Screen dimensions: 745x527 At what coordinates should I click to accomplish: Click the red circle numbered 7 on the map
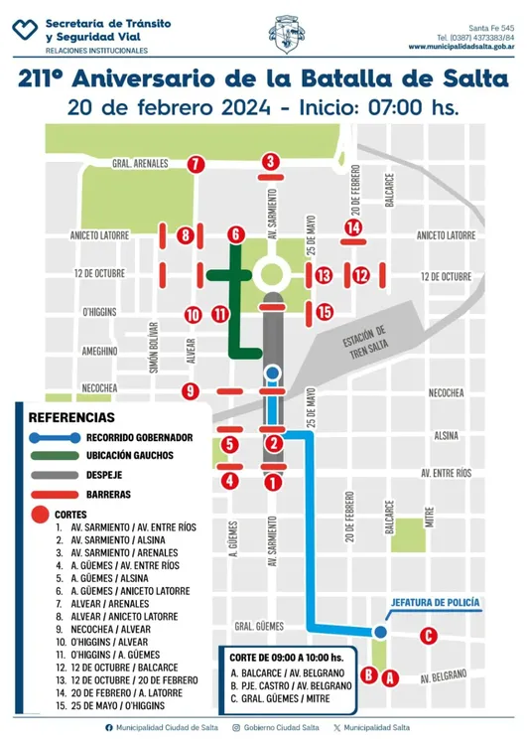(x=196, y=164)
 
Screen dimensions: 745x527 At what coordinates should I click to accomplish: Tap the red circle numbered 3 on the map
(x=270, y=161)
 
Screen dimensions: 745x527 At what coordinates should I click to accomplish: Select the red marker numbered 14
(x=352, y=227)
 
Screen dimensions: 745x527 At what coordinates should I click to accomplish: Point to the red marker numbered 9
(x=191, y=390)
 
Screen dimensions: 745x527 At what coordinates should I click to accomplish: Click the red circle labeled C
(x=428, y=636)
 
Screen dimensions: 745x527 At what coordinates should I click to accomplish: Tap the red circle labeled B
(x=368, y=675)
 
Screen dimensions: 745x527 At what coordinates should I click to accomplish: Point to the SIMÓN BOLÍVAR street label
(x=154, y=347)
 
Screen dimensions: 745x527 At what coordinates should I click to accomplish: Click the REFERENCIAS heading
(x=71, y=417)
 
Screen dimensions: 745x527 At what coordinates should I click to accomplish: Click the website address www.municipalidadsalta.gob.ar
(x=460, y=46)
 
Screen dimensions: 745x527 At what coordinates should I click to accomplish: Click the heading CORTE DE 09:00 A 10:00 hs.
(x=286, y=658)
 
